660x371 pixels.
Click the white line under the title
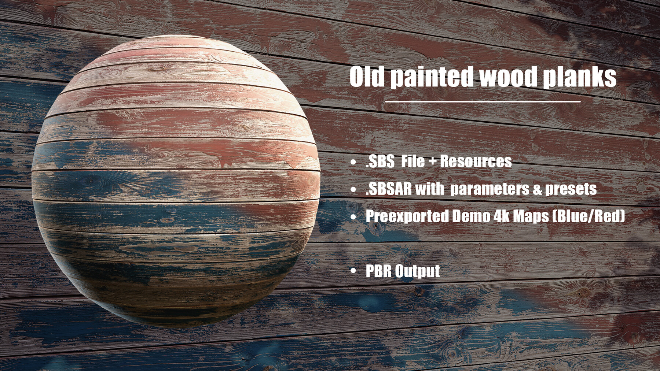[483, 101]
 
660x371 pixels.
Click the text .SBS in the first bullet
[380, 162]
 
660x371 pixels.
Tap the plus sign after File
[431, 162]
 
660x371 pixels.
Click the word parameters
[489, 189]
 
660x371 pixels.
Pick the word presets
[571, 190]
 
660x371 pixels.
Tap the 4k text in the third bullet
[501, 216]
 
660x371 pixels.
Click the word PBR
[378, 271]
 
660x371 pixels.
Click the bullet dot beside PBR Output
[353, 271]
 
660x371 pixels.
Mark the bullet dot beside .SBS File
[353, 162]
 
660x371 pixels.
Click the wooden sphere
[176, 181]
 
